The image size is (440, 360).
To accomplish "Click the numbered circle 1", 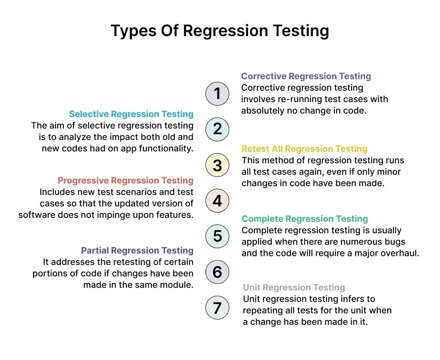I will pyautogui.click(x=217, y=93).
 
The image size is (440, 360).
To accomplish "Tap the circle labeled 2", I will pyautogui.click(x=217, y=129).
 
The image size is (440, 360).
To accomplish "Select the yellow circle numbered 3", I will pyautogui.click(x=217, y=165).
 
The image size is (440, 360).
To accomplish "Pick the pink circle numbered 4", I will pyautogui.click(x=217, y=201).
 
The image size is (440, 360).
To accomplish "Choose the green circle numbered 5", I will pyautogui.click(x=217, y=236).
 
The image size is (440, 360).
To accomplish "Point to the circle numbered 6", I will pyautogui.click(x=217, y=272).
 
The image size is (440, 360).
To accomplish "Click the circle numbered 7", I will pyautogui.click(x=217, y=308).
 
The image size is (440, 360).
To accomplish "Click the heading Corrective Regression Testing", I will pyautogui.click(x=306, y=76).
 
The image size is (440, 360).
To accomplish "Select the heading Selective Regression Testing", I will pyautogui.click(x=131, y=114).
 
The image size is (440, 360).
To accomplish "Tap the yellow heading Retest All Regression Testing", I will pyautogui.click(x=304, y=149).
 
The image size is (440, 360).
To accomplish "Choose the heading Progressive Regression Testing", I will pyautogui.click(x=125, y=180).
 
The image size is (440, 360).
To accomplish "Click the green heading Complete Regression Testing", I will pyautogui.click(x=304, y=219).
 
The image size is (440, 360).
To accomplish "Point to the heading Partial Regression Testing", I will pyautogui.click(x=137, y=250).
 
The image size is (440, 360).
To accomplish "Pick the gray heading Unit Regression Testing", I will pyautogui.click(x=294, y=287).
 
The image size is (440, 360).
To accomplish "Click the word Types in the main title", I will pyautogui.click(x=132, y=31).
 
